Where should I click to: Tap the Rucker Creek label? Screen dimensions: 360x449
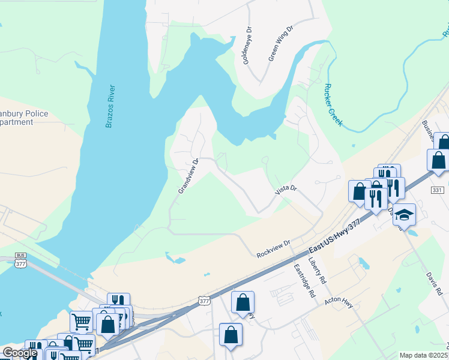click(333, 104)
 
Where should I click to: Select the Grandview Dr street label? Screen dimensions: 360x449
click(188, 176)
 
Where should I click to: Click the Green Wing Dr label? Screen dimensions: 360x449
click(280, 43)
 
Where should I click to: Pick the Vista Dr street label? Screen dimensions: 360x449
click(286, 190)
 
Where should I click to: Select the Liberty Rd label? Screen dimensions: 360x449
click(317, 271)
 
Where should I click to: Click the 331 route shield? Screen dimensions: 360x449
click(437, 190)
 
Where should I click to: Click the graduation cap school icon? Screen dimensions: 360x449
click(404, 215)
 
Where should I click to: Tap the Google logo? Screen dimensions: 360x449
click(20, 353)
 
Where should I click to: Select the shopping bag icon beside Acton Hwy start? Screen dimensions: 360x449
click(243, 303)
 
